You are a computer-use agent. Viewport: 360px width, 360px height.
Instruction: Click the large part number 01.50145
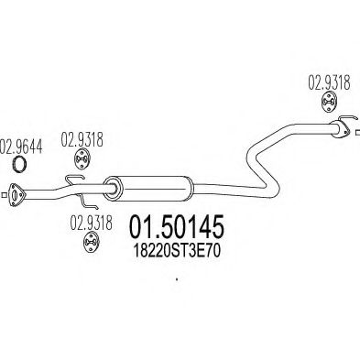pos(177,226)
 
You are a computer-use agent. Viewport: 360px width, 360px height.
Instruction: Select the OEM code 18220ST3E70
pos(177,251)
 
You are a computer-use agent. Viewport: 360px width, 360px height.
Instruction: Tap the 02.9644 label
pos(21,147)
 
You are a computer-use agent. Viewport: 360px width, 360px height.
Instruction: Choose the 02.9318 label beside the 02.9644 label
pos(82,139)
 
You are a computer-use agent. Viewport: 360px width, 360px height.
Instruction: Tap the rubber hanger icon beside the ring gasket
pos(82,158)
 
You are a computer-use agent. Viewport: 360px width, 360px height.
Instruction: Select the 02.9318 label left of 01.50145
pos(92,223)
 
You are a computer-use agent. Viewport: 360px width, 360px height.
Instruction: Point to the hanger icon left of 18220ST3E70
pos(91,243)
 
